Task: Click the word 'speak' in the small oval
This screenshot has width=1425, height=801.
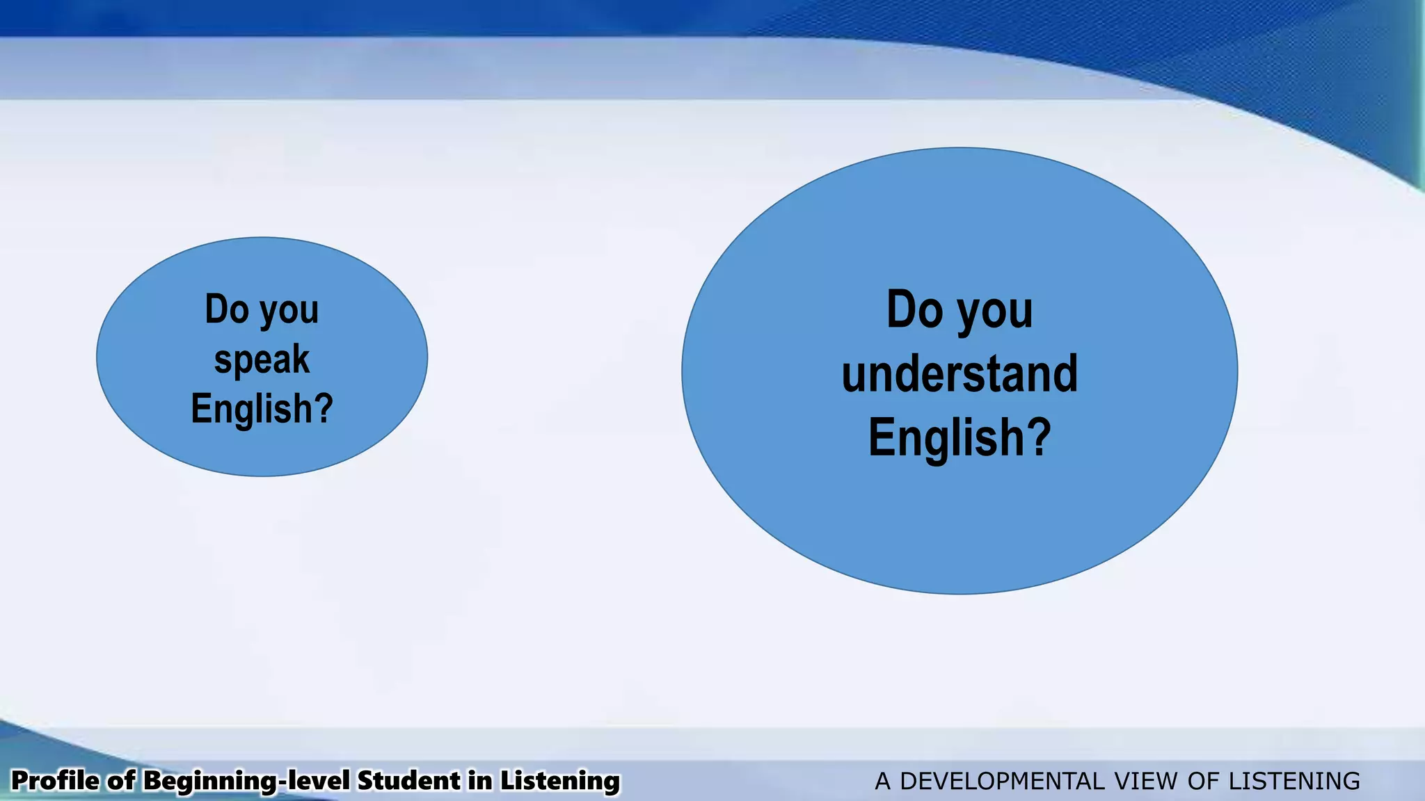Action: tap(262, 359)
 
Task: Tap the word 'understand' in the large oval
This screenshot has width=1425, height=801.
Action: tap(960, 373)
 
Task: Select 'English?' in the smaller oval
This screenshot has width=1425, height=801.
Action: tap(262, 408)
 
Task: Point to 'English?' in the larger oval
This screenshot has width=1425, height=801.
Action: tap(960, 437)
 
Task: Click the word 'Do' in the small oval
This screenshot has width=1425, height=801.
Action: tap(227, 309)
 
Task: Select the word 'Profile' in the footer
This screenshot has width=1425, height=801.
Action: tap(56, 781)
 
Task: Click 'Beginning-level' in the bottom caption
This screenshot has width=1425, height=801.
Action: tap(246, 781)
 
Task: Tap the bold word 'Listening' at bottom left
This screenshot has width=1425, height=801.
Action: tap(560, 781)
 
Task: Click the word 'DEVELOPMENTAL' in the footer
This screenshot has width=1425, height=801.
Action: tap(1002, 782)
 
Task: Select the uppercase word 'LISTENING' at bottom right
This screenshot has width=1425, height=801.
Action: tap(1294, 782)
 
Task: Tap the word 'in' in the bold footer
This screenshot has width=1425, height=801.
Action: tap(480, 781)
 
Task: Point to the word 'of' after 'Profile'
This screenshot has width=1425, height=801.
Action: tap(121, 781)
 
